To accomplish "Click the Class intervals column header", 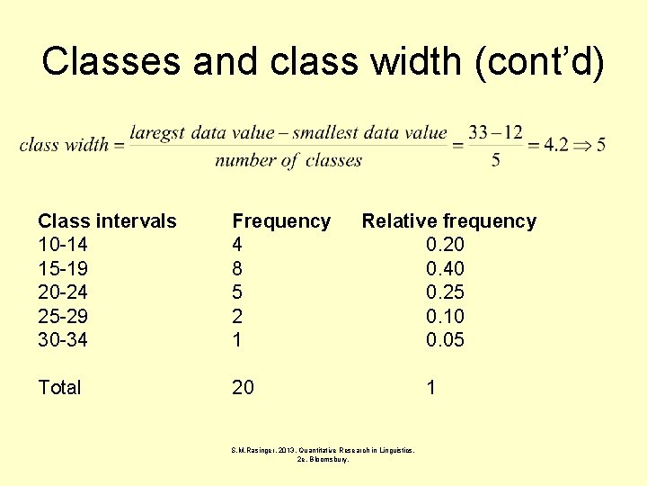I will point(107,221).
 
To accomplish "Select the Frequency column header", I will point(281,221).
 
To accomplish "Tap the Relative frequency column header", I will point(448,221).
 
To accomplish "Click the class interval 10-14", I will point(63,245).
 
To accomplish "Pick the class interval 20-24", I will point(63,292).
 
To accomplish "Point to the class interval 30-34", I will point(63,339).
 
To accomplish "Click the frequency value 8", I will point(237,268).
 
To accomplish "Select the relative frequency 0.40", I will point(445,268).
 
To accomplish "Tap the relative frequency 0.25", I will point(445,292).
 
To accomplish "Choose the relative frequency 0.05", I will point(445,339).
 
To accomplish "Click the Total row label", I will point(59,388).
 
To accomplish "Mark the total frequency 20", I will point(243,388).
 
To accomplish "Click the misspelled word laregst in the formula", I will point(157,133).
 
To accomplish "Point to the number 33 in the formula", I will point(478,133).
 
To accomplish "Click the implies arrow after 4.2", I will point(582,145).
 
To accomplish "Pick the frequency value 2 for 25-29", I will point(237,316).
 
